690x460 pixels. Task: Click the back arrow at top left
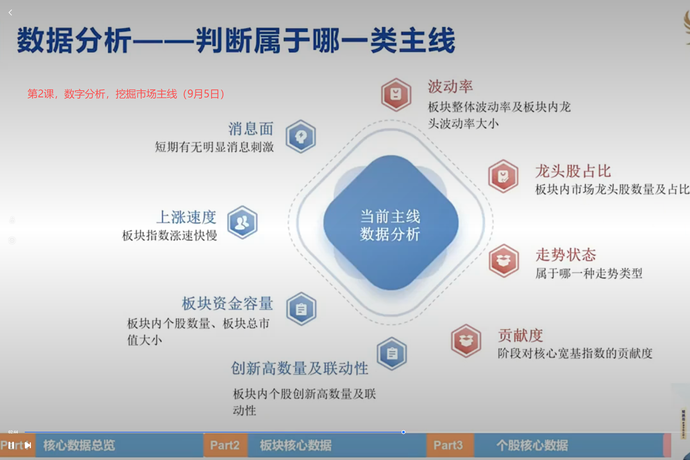[10, 12]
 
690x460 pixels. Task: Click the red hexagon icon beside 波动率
[396, 95]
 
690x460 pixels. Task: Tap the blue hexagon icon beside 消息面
[301, 136]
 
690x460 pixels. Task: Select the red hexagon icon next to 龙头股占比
[503, 176]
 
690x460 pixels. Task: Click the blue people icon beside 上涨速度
[242, 222]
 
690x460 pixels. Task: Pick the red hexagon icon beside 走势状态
[503, 261]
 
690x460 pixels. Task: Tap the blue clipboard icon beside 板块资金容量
[301, 309]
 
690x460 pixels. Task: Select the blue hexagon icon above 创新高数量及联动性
[392, 354]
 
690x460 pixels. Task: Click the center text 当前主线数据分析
[390, 225]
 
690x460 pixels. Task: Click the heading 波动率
[450, 86]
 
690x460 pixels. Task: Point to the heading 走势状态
[566, 255]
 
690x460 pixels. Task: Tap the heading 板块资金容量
[227, 303]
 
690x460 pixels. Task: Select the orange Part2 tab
[225, 445]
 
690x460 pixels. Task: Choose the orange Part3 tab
[448, 445]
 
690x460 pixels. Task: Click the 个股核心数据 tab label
[532, 445]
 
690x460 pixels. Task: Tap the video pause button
[11, 445]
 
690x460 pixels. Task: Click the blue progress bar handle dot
[403, 432]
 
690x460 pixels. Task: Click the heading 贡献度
[520, 336]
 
